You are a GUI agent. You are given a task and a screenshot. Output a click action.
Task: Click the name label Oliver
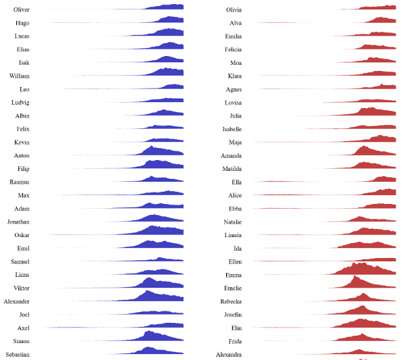(21, 9)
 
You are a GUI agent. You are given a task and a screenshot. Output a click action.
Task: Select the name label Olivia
(234, 9)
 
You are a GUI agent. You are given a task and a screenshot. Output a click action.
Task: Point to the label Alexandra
(229, 354)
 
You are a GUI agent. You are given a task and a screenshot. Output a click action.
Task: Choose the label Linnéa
(233, 234)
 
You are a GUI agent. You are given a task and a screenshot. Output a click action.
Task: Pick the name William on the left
(19, 76)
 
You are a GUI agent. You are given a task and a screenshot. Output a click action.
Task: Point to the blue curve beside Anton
(159, 151)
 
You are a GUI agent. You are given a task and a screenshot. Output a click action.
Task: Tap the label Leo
(24, 89)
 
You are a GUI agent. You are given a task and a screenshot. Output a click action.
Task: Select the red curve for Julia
(371, 112)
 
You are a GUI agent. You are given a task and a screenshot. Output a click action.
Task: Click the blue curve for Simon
(159, 337)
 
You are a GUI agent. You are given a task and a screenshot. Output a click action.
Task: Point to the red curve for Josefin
(361, 311)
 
